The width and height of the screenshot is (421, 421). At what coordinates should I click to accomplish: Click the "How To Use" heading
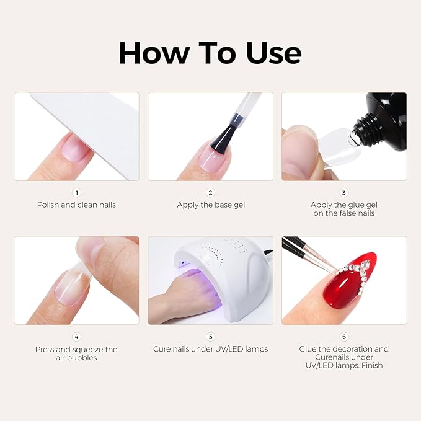click(210, 53)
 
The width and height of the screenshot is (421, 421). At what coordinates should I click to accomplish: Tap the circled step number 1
click(76, 193)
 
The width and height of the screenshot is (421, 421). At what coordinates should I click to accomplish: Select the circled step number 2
click(210, 193)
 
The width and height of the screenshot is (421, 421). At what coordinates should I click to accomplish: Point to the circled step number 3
click(344, 193)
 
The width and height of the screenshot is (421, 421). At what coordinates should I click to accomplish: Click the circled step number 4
click(76, 337)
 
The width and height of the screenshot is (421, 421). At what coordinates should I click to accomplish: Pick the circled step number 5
click(210, 337)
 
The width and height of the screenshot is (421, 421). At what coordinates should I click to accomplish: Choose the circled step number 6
click(344, 337)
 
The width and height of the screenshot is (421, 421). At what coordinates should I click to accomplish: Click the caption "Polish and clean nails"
click(76, 205)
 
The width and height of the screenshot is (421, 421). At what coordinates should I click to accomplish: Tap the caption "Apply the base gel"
click(210, 205)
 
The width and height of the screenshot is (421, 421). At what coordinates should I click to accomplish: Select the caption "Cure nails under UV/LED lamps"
click(210, 349)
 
